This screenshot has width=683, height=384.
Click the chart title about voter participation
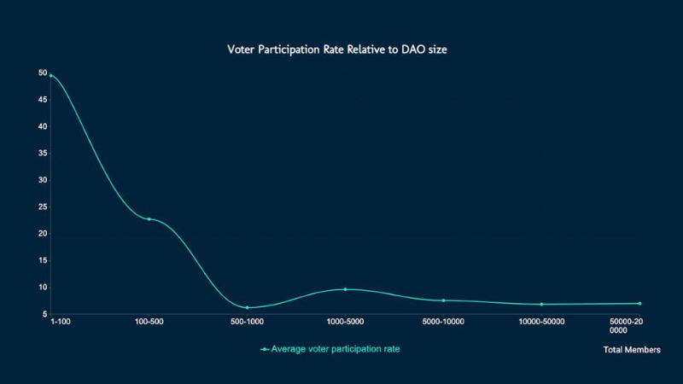(x=337, y=49)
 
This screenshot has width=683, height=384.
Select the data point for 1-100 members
(x=51, y=75)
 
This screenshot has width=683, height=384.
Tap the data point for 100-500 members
(x=149, y=219)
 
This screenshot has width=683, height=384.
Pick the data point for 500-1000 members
(x=247, y=307)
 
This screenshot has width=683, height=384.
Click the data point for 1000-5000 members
(x=345, y=289)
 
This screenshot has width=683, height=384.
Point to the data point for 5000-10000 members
(x=443, y=300)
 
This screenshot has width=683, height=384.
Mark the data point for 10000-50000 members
(x=541, y=304)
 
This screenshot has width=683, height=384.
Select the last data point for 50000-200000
(x=639, y=303)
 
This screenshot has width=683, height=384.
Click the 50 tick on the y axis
(x=42, y=73)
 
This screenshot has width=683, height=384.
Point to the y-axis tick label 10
(x=42, y=287)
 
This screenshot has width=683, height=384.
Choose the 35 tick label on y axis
(x=42, y=154)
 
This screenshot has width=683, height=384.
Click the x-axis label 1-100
(x=61, y=321)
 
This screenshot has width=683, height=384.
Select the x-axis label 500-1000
(x=247, y=321)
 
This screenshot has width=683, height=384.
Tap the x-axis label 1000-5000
(x=345, y=321)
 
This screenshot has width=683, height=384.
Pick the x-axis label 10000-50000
(x=541, y=321)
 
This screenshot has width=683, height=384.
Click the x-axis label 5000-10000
(x=443, y=321)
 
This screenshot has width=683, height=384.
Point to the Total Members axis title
(x=631, y=350)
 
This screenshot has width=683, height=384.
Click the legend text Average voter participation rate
(x=336, y=349)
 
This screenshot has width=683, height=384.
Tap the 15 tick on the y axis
(x=42, y=260)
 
